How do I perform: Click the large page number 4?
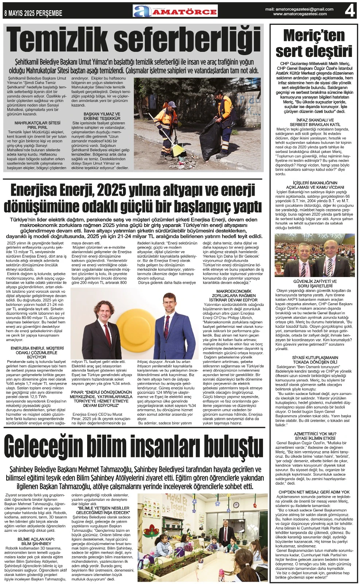coord(349,11)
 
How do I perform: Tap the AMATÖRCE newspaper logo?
coord(175,11)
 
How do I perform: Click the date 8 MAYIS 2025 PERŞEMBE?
coord(33,14)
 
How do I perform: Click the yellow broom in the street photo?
coord(178,149)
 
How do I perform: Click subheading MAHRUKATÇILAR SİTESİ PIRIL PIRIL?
coord(38,125)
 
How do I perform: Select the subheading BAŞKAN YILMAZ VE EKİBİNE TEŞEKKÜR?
coord(102,116)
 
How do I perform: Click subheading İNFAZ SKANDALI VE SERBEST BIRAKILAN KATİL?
coord(314,122)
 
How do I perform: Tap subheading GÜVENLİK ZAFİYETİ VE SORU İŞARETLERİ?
coord(314,284)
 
